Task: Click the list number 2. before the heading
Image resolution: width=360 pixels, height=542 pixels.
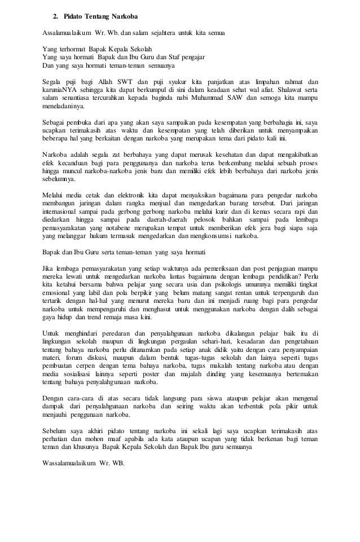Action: (56, 13)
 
